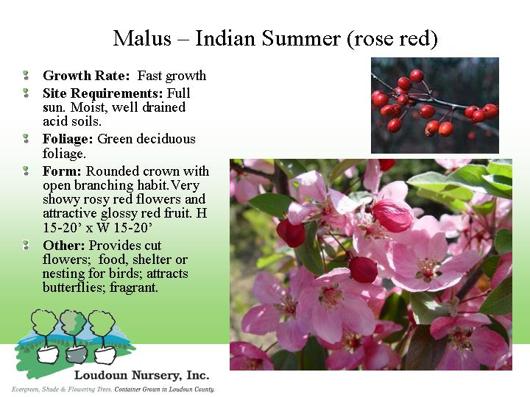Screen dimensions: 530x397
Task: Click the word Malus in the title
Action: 142,38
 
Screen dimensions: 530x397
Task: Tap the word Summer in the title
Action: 300,38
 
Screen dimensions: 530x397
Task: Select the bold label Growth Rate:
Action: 86,76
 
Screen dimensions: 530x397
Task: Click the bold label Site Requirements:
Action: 103,93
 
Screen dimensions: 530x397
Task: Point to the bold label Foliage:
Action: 68,139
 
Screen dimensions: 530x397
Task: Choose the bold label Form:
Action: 62,171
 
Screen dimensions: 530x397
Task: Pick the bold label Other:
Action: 63,246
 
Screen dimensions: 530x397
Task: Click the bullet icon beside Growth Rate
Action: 26,75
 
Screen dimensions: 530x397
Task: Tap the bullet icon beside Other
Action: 26,245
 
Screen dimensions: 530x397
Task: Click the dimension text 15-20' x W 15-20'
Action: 97,228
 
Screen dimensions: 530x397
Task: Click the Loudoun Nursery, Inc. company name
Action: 141,375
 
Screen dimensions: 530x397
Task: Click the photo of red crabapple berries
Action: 435,105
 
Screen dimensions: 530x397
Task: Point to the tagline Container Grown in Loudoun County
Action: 164,390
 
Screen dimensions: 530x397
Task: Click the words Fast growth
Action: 172,76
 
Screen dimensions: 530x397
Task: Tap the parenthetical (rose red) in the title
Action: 392,39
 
